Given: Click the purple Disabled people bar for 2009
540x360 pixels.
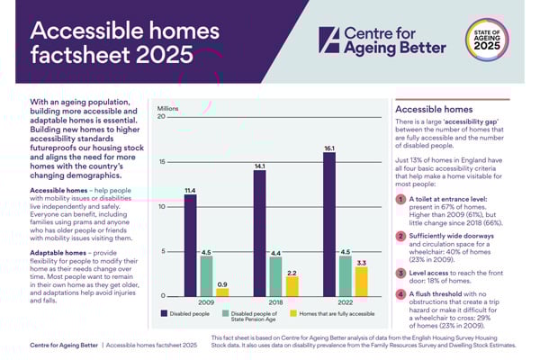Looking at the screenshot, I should click(190, 246).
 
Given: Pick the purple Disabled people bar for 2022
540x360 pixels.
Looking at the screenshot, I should click(330, 224).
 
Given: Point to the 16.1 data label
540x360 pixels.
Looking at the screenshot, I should click(330, 147).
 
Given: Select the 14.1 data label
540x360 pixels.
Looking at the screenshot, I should click(260, 166).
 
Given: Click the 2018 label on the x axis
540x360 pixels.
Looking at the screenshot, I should click(275, 304).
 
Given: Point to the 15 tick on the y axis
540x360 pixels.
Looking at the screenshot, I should click(161, 162).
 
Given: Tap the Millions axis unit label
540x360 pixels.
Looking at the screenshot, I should click(169, 108).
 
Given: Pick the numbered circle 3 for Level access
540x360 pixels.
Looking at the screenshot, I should click(400, 272).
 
